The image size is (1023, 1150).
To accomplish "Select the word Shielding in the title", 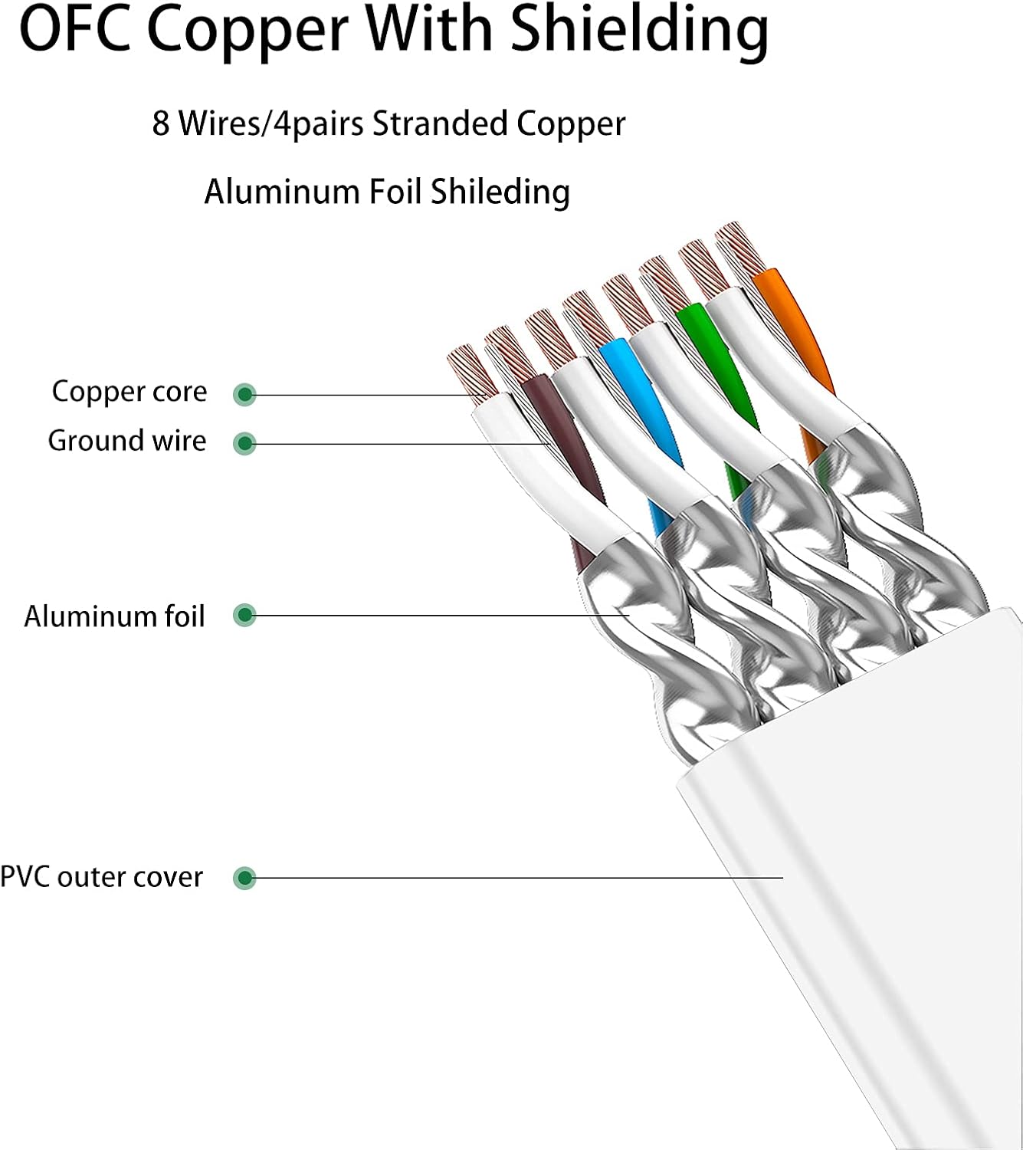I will coord(640,31).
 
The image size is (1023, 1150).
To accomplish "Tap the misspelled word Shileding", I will coord(500,192).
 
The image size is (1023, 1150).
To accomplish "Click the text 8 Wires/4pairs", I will coord(257,124).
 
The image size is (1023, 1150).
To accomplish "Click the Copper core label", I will coord(130,392).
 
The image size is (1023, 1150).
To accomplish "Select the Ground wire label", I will coord(127,441).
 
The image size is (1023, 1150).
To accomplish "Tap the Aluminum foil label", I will coord(115,616).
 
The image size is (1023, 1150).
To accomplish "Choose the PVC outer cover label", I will coord(101,877).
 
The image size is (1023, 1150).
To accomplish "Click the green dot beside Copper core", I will coord(244,395).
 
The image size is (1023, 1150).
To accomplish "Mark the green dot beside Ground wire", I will coord(244,443).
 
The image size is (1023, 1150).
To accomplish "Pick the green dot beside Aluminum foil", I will coord(244,615).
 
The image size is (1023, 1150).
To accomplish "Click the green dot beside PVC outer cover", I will coord(244,878).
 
